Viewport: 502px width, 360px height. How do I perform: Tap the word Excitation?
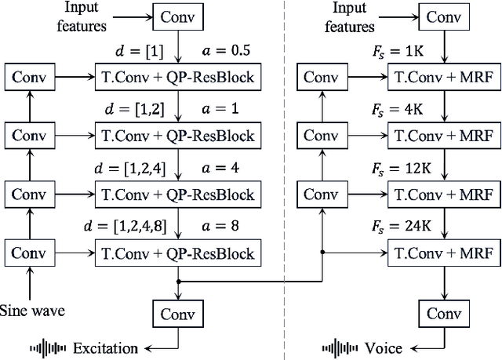coord(105,347)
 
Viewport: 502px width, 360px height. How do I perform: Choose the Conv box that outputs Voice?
coord(445,314)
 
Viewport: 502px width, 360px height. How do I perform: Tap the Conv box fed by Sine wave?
coord(28,253)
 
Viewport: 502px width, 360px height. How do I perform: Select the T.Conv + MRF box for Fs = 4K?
coord(444,135)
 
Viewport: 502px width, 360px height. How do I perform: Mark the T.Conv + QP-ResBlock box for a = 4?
coord(178,194)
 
